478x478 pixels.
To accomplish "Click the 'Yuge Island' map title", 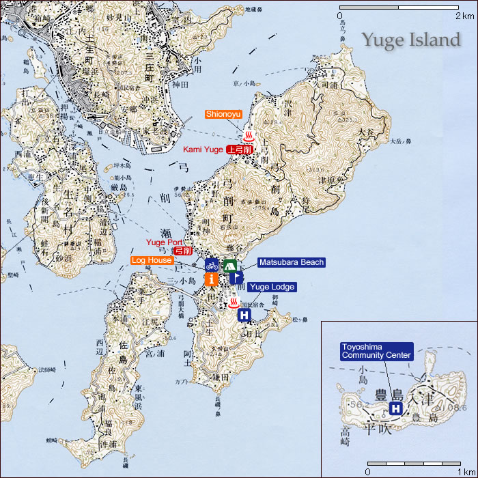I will pos(410,40).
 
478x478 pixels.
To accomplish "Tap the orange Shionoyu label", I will pos(223,114).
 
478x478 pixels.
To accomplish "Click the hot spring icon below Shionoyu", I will pos(249,133).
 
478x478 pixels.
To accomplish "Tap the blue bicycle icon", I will pos(212,264).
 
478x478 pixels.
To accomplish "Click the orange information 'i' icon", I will pos(212,279).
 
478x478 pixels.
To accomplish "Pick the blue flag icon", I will pos(236,277).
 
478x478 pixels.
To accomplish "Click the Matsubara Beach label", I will pos(290,262).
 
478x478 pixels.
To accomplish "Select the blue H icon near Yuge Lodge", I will pos(244,315).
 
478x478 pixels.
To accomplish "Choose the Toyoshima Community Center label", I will pos(376,351).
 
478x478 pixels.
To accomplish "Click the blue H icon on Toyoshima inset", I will pos(395,408).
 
